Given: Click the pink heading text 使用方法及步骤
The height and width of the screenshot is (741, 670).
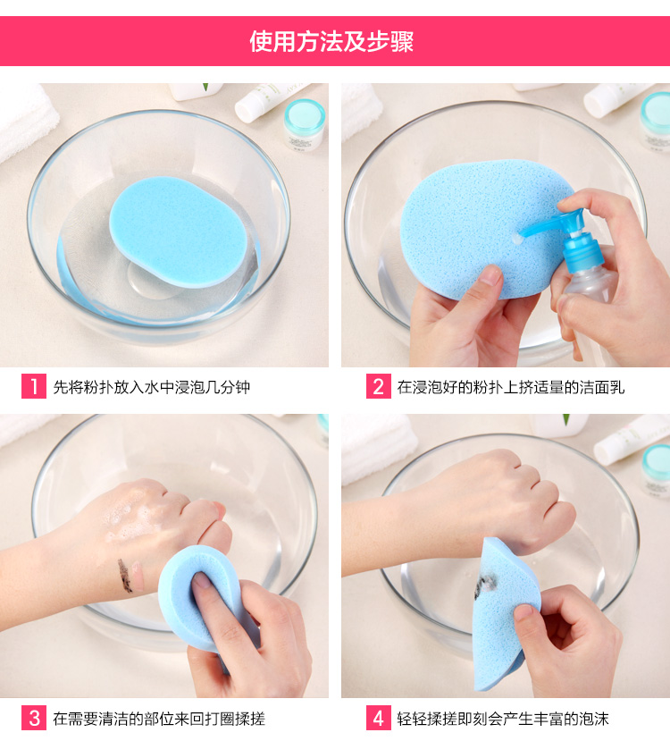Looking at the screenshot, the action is tap(331, 42).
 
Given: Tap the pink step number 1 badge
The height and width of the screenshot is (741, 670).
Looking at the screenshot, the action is tap(34, 386).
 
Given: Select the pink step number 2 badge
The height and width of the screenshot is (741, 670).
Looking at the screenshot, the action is tap(378, 386).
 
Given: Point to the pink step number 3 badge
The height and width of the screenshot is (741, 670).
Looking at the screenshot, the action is tap(34, 718).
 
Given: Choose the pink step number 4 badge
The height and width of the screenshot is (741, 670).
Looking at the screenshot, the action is tap(378, 718).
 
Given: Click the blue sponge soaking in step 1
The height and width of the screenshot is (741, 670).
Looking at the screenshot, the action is tap(179, 232).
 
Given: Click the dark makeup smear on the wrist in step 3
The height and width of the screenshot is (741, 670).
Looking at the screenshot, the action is tap(125, 576).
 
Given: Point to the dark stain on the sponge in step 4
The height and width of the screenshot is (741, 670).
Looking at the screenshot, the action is tap(485, 585).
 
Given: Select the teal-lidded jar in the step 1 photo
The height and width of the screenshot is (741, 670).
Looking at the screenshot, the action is tap(305, 124).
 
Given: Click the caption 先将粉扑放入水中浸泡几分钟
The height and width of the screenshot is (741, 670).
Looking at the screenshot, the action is tap(152, 388).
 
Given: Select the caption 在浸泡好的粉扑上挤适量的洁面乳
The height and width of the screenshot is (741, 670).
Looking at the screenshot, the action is tap(510, 388).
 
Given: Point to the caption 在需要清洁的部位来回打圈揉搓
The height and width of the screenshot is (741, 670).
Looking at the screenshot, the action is tap(159, 719).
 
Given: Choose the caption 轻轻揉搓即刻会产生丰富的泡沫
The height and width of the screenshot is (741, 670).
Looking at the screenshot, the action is tap(503, 719).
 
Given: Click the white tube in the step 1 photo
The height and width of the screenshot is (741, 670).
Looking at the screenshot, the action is tap(272, 101).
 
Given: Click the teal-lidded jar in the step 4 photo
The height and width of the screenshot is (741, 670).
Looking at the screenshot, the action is tap(656, 470).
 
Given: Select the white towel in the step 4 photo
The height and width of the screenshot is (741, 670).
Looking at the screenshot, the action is tap(378, 447).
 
